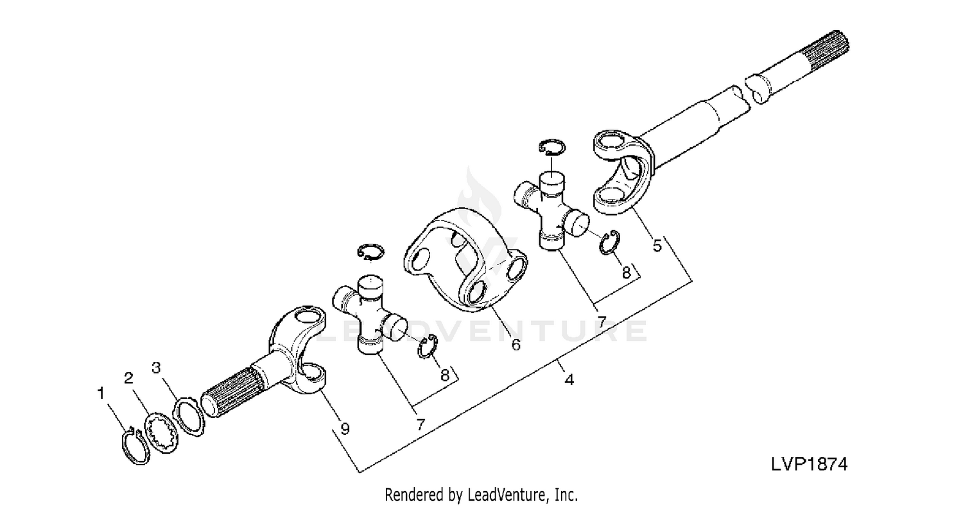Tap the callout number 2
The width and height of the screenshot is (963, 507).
coord(128,378)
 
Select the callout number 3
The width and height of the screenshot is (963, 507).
coord(155,367)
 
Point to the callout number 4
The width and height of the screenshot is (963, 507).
coord(569,380)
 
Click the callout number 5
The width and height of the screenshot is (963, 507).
coord(657,246)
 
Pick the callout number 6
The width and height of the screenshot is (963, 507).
coord(516,345)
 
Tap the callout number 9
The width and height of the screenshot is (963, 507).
coord(345,428)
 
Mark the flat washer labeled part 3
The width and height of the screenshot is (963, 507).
coord(190,417)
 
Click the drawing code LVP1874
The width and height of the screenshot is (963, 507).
coord(809,464)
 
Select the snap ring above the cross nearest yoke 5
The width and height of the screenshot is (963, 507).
coord(552,147)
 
